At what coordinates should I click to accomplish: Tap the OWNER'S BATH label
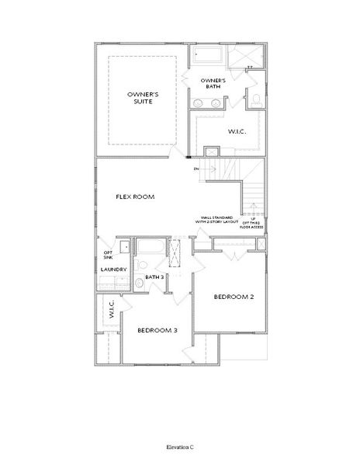[x=213, y=83]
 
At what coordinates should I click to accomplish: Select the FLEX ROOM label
[x=136, y=196]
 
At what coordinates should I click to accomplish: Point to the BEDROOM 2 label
[x=234, y=297]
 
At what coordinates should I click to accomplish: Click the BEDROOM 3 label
[x=157, y=330]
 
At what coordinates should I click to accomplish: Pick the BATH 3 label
[x=154, y=276]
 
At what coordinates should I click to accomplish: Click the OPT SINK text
[x=108, y=255]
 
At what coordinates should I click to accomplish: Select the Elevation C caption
[x=179, y=448]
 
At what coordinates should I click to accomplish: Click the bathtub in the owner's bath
[x=207, y=57]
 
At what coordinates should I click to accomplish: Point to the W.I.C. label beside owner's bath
[x=237, y=131]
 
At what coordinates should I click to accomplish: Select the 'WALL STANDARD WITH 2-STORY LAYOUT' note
[x=217, y=220]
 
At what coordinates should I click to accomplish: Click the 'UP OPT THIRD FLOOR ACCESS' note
[x=254, y=223]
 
